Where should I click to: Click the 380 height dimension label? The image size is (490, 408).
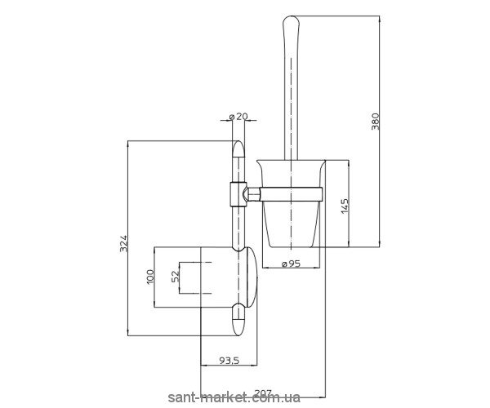375,122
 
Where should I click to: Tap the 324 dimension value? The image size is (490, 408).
124,244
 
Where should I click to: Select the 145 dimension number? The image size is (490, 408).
345,206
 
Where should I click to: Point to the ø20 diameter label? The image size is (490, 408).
238,117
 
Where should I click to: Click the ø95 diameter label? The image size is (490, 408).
291,264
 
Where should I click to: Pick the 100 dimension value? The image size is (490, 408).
150,277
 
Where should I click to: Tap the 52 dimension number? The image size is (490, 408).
176,277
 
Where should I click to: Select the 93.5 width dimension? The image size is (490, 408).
229,361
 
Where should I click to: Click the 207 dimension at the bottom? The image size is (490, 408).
263,392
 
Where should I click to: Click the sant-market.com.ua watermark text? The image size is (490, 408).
234,397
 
